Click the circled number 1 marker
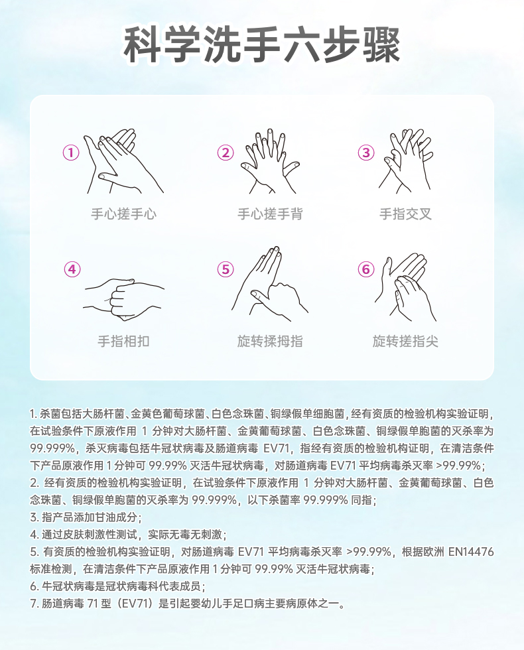[71, 153]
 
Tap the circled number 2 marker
[226, 153]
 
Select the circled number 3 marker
[366, 153]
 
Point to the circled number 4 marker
[72, 269]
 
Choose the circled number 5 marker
[226, 269]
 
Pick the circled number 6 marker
[366, 269]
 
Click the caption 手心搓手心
[123, 214]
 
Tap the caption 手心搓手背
[270, 214]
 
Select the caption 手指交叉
[405, 214]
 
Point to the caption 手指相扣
[123, 341]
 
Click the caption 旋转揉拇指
[270, 341]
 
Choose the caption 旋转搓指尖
[405, 341]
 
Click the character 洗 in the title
[222, 45]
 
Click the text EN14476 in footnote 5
[472, 552]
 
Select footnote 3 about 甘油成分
[86, 517]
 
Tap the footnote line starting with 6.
[118, 586]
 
